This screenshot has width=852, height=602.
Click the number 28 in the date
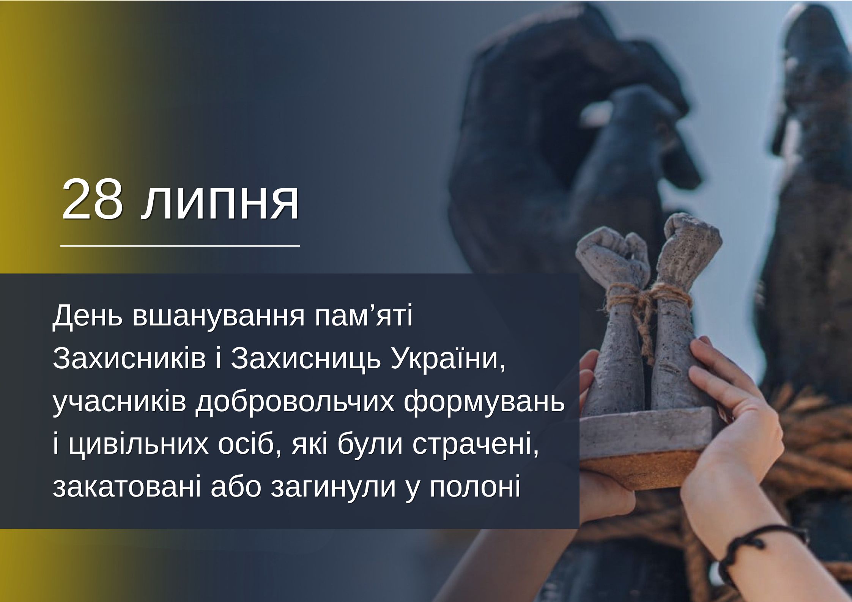(93, 199)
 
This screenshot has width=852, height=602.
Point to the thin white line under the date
(180, 246)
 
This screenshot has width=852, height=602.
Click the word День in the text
(88, 316)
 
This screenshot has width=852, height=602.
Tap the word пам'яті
(364, 316)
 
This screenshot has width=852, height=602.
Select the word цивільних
(139, 445)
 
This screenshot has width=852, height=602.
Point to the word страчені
(476, 445)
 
